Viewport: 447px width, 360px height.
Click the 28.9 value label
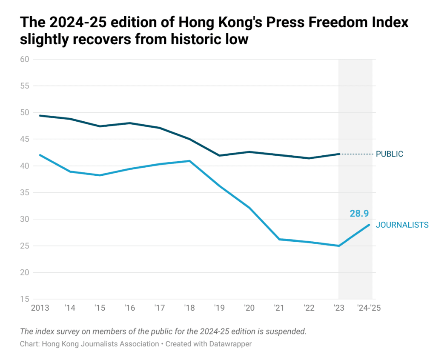coord(359,214)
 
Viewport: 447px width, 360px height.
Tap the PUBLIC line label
coord(389,154)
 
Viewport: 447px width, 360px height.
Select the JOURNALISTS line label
coord(402,225)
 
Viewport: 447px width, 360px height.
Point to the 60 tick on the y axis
coord(25,59)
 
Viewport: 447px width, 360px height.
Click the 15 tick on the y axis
coord(25,299)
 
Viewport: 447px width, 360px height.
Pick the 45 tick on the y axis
coord(25,139)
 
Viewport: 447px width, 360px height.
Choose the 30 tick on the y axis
coord(25,219)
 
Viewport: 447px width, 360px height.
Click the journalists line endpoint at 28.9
coord(369,225)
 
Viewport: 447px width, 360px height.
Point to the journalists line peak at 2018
coord(189,161)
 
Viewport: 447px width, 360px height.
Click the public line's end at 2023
coord(339,154)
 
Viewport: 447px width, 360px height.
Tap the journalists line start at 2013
coord(40,155)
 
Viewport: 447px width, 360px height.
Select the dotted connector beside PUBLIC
coord(356,154)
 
